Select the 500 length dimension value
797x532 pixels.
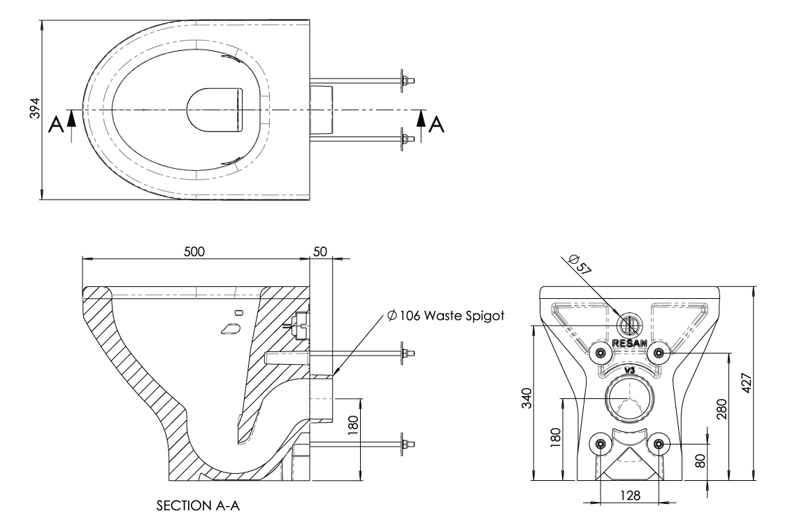coord(196,251)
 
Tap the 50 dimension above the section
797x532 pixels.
coord(321,251)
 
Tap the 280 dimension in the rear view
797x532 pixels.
coord(722,407)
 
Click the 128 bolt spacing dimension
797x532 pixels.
coord(629,495)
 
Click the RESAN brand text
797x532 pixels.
coord(629,343)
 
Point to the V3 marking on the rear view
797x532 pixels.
coord(629,369)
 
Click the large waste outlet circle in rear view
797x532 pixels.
coord(629,398)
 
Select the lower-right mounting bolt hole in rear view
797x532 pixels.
coord(658,443)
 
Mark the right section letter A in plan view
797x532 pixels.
coord(437,125)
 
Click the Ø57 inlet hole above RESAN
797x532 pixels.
coord(629,325)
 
